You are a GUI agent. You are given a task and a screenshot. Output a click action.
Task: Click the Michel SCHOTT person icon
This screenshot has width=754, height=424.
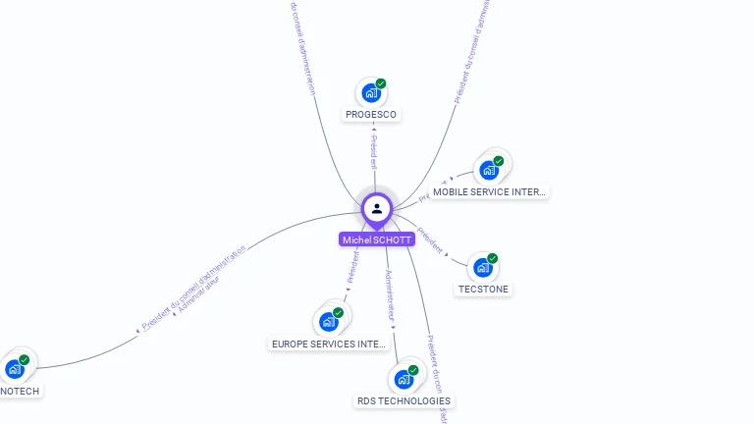coord(377,208)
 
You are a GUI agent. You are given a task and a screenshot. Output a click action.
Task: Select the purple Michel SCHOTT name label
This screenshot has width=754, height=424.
coord(377,239)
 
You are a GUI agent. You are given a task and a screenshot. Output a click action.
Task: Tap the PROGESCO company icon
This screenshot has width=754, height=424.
coord(370,92)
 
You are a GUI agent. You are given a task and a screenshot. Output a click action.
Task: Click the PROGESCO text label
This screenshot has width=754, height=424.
coord(371,115)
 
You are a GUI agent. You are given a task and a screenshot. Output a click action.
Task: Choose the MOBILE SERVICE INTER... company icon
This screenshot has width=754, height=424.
coord(488,170)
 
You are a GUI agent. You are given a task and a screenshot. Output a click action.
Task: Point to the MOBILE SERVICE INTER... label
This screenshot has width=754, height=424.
coord(489,192)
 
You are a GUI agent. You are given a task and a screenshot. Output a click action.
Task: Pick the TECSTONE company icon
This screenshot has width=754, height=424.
coord(482,267)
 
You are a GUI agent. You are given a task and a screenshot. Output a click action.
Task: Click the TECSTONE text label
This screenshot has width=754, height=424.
coord(483,290)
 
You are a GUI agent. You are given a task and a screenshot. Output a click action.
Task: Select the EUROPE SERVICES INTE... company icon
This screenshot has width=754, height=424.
coord(328,321)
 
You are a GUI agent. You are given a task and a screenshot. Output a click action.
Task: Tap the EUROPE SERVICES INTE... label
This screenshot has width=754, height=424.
coord(329,344)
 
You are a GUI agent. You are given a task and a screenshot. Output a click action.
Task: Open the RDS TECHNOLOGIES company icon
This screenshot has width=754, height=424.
coord(404,379)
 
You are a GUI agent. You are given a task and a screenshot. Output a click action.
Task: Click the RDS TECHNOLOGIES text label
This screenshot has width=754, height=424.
coord(404,401)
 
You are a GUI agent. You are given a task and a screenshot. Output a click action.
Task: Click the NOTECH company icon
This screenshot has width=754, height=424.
coord(14,369)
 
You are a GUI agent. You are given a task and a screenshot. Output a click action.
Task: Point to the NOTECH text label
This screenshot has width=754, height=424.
coord(20,392)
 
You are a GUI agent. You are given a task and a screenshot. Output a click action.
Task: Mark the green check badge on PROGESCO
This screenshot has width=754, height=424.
coord(381,83)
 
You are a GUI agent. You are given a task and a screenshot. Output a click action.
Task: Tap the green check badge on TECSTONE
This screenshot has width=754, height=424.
coord(493,258)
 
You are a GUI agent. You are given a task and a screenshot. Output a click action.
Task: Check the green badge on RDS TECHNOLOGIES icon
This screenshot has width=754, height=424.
coord(413,370)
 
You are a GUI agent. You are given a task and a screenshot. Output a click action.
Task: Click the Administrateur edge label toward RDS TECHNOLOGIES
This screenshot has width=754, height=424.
coord(390,295)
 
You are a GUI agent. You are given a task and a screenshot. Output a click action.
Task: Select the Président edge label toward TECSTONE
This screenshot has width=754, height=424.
coord(431,241)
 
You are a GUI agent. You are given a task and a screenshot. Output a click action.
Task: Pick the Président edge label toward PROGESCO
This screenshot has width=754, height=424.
coord(373,153)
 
